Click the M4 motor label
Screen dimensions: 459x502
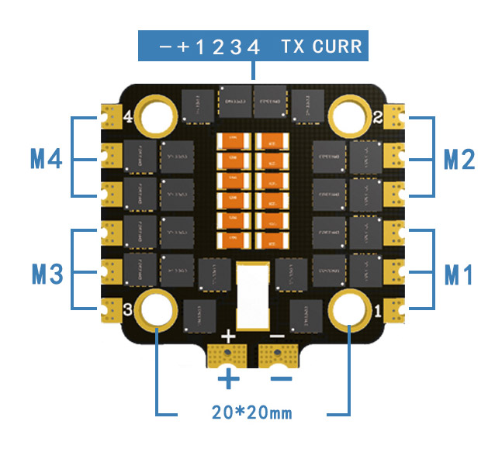point(46,159)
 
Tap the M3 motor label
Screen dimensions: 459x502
point(46,273)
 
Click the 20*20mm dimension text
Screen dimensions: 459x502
point(251,412)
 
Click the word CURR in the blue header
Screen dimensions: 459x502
point(337,47)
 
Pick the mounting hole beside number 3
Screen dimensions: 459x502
point(157,309)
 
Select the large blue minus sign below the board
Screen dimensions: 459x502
point(281,378)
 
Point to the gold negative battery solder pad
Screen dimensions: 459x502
point(277,357)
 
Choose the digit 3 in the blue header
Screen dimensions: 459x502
point(235,47)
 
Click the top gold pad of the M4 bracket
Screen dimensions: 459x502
point(108,119)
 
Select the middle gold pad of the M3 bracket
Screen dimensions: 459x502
point(108,271)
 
